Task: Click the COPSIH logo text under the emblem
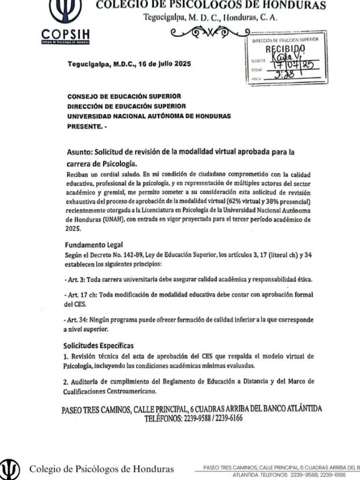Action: [x=66, y=34]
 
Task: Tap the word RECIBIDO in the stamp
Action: [x=285, y=49]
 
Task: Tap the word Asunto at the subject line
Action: [x=79, y=152]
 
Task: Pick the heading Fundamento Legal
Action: [x=94, y=245]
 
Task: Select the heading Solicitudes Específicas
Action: [x=98, y=346]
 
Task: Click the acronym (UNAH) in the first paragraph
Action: [x=113, y=220]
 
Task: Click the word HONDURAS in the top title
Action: [x=299, y=5]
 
